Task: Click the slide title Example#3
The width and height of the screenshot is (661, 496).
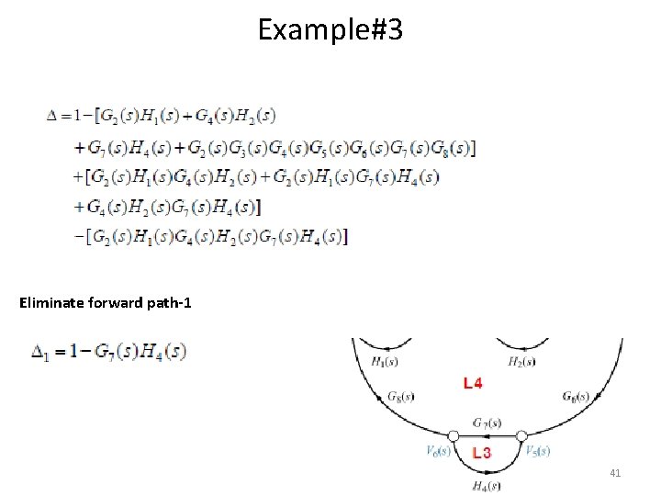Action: pos(330,30)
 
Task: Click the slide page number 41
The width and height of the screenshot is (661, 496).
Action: pos(615,473)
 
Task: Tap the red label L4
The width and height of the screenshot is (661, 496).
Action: pos(474,383)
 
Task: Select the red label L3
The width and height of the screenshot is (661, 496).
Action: pos(481,453)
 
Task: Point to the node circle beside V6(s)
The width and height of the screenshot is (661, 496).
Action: pos(453,435)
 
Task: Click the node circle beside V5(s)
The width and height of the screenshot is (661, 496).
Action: pos(521,435)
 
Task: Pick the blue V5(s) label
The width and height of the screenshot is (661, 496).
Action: pos(537,451)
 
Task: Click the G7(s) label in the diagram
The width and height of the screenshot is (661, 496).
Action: pos(487,423)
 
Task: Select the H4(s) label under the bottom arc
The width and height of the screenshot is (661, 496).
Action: pos(487,485)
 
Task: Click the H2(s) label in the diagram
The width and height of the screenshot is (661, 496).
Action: pos(521,362)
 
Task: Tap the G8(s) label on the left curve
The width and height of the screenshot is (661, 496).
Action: pos(400,397)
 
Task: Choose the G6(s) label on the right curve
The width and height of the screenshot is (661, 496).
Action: pos(577,397)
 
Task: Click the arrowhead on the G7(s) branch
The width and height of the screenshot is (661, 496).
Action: pos(487,435)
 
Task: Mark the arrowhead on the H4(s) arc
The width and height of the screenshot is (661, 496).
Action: pos(487,472)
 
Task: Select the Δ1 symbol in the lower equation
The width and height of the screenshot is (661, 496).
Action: pos(40,352)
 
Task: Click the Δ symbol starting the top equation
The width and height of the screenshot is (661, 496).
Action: pos(52,116)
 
